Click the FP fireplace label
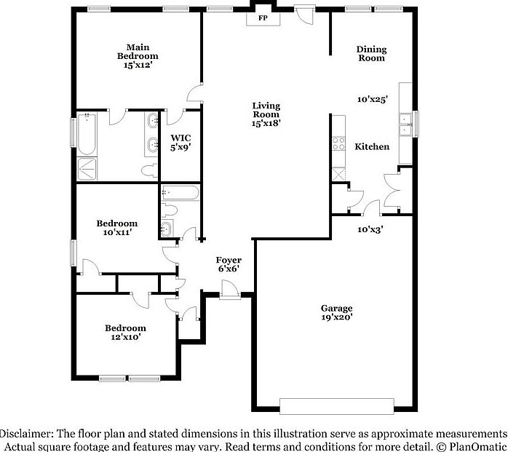[262, 17]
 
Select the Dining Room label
[371, 54]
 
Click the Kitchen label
[372, 147]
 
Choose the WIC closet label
[180, 138]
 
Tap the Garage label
[337, 308]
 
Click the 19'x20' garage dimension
[337, 317]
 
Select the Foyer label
[229, 260]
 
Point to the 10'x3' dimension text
[370, 229]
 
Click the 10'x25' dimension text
[372, 99]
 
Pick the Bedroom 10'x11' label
[117, 228]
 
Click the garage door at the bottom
[336, 405]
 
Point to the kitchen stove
[338, 143]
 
